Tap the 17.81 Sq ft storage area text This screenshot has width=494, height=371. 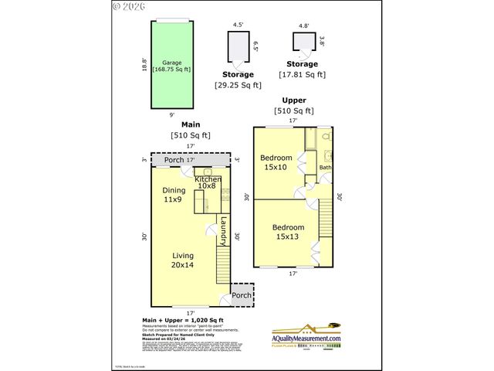click(x=302, y=75)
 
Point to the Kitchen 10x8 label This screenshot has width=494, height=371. click(x=207, y=182)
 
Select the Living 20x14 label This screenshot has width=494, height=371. click(x=183, y=260)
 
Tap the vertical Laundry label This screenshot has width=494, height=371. click(x=222, y=230)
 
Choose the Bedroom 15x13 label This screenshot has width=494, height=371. click(x=288, y=232)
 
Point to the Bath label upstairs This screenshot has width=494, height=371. click(x=325, y=167)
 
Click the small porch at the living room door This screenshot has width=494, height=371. click(x=242, y=295)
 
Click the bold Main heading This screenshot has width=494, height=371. click(x=191, y=124)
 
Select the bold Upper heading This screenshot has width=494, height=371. click(x=293, y=100)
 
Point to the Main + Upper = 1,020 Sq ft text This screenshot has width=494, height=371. click(x=183, y=320)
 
